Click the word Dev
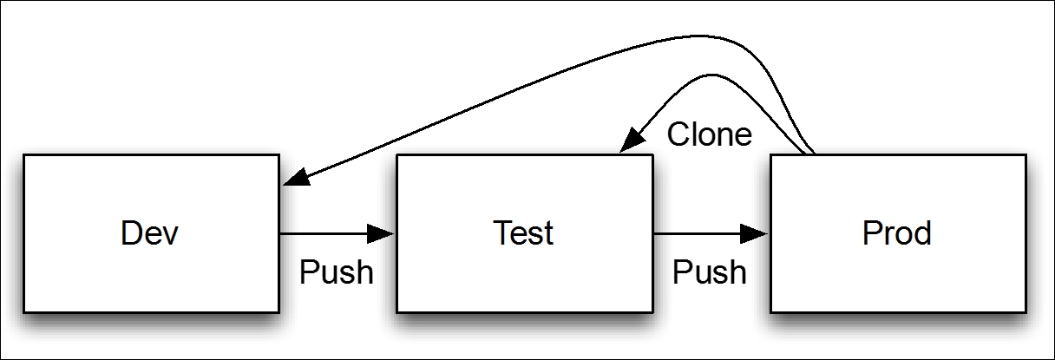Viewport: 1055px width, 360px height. click(x=150, y=232)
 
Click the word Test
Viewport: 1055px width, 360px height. click(x=523, y=232)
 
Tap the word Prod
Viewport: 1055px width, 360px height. click(x=897, y=232)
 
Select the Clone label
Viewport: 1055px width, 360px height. click(x=710, y=134)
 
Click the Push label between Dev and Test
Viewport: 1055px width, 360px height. click(x=337, y=272)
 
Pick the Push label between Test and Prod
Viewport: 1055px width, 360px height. click(x=710, y=272)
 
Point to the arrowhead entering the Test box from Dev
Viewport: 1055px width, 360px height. click(x=381, y=233)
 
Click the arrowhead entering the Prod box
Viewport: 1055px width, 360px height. click(x=754, y=233)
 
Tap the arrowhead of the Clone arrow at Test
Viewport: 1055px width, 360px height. click(x=631, y=140)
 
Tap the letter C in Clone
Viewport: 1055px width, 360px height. click(x=678, y=134)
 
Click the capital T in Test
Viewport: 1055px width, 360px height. click(x=502, y=232)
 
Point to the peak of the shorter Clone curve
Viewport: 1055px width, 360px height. click(x=711, y=75)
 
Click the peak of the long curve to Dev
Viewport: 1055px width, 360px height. click(x=702, y=36)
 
